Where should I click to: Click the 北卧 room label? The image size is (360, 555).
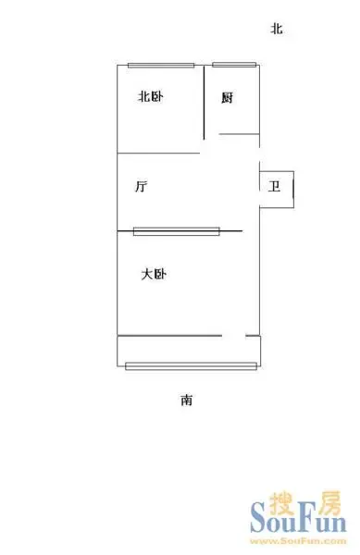151,96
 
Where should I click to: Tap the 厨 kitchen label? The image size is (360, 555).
228,98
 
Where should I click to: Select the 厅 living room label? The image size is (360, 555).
141,186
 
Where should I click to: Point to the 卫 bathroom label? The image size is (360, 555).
274,186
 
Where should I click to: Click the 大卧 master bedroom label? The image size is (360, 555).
154,275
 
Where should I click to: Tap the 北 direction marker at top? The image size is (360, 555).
277,29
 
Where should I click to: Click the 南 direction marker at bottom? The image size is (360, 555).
187,400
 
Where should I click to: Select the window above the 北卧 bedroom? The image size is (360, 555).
161,65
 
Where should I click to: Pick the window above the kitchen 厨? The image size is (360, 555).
234,65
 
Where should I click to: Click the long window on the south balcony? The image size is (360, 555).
192,366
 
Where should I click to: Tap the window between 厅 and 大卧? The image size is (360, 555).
177,231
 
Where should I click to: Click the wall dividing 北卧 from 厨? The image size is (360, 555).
205,103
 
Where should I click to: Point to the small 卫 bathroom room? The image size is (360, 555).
277,190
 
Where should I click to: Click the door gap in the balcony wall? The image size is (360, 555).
233,336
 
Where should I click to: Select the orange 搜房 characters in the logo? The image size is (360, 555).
305,503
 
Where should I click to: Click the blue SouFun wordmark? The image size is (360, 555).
298,519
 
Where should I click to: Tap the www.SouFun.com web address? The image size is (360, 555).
298,541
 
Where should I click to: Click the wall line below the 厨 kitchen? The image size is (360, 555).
240,134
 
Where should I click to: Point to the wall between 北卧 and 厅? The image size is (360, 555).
158,154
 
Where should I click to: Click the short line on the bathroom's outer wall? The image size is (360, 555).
293,190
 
